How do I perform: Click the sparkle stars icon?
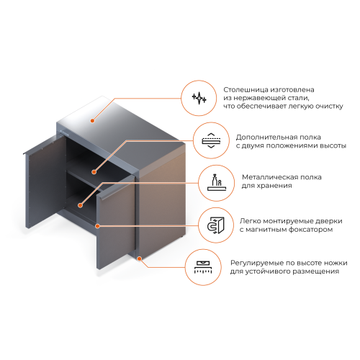click(x=199, y=98)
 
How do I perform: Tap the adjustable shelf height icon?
click(x=211, y=140)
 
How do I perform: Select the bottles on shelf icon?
click(x=217, y=182)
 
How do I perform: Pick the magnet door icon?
click(x=215, y=225)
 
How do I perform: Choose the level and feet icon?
click(x=203, y=268)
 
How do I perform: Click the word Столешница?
click(x=246, y=90)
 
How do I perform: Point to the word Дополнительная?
click(x=264, y=138)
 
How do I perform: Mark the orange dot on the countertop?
click(x=92, y=120)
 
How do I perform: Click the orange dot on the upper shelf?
click(x=94, y=172)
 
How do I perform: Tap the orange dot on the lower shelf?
click(x=81, y=205)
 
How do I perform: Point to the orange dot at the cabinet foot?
click(x=139, y=258)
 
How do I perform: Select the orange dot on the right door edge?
click(x=97, y=226)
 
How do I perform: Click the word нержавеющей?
click(x=257, y=98)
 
